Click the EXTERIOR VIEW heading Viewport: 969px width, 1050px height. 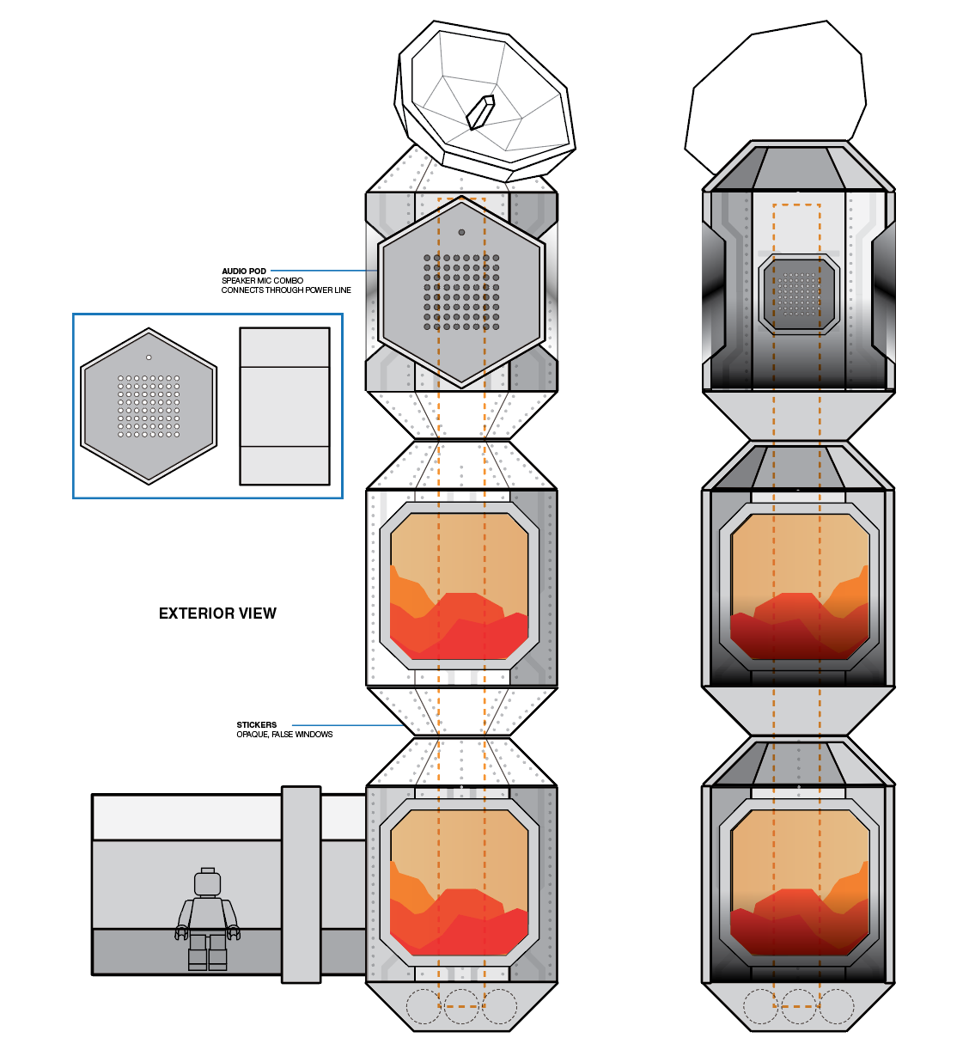pyautogui.click(x=217, y=614)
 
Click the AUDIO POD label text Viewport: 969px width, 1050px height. pyautogui.click(x=244, y=271)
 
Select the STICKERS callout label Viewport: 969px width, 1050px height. pyautogui.click(x=257, y=724)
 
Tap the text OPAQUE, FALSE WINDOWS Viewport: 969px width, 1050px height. pyautogui.click(x=284, y=735)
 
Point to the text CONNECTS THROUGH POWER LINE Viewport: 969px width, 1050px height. pyautogui.click(x=286, y=290)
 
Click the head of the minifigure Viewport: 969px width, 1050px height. pyautogui.click(x=207, y=882)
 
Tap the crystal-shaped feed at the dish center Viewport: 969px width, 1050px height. pyautogui.click(x=480, y=113)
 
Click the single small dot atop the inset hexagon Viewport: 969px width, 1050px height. pyautogui.click(x=149, y=357)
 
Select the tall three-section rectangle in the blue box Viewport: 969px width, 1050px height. pyautogui.click(x=284, y=406)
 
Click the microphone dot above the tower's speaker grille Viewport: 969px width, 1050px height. pyautogui.click(x=461, y=232)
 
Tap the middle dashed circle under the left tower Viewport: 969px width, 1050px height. pyautogui.click(x=461, y=1006)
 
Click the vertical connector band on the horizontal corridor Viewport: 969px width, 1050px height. pyautogui.click(x=301, y=884)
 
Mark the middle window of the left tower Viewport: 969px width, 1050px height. pyautogui.click(x=459, y=587)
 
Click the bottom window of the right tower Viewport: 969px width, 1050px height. pyautogui.click(x=799, y=882)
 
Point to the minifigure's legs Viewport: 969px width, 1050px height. pyautogui.click(x=207, y=952)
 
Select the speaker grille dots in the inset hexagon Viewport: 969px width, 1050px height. pyautogui.click(x=149, y=406)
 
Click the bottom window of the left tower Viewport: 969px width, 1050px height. pyautogui.click(x=459, y=882)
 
